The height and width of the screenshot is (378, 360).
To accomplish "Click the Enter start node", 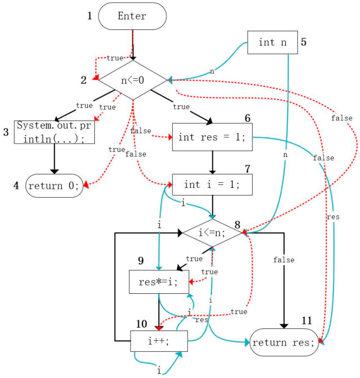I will pos(132,16).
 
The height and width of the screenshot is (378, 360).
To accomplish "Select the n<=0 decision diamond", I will pos(133,81).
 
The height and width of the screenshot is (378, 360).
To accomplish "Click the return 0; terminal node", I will pos(54,185).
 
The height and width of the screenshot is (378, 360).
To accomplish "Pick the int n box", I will pos(272,42).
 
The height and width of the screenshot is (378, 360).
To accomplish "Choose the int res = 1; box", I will pos(211,137).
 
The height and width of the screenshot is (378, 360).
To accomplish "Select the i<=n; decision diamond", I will pos(211,233).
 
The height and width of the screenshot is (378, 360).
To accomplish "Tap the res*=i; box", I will pos(158,281).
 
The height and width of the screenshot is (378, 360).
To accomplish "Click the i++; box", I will pos(158,341).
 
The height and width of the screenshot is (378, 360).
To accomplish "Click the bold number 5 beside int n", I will pos(304,42).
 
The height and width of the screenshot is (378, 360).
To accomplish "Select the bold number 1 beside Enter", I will pos(89,15).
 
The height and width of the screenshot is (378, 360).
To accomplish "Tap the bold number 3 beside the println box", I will pos(6,132).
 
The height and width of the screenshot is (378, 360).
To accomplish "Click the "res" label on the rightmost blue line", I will pos(333,217).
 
